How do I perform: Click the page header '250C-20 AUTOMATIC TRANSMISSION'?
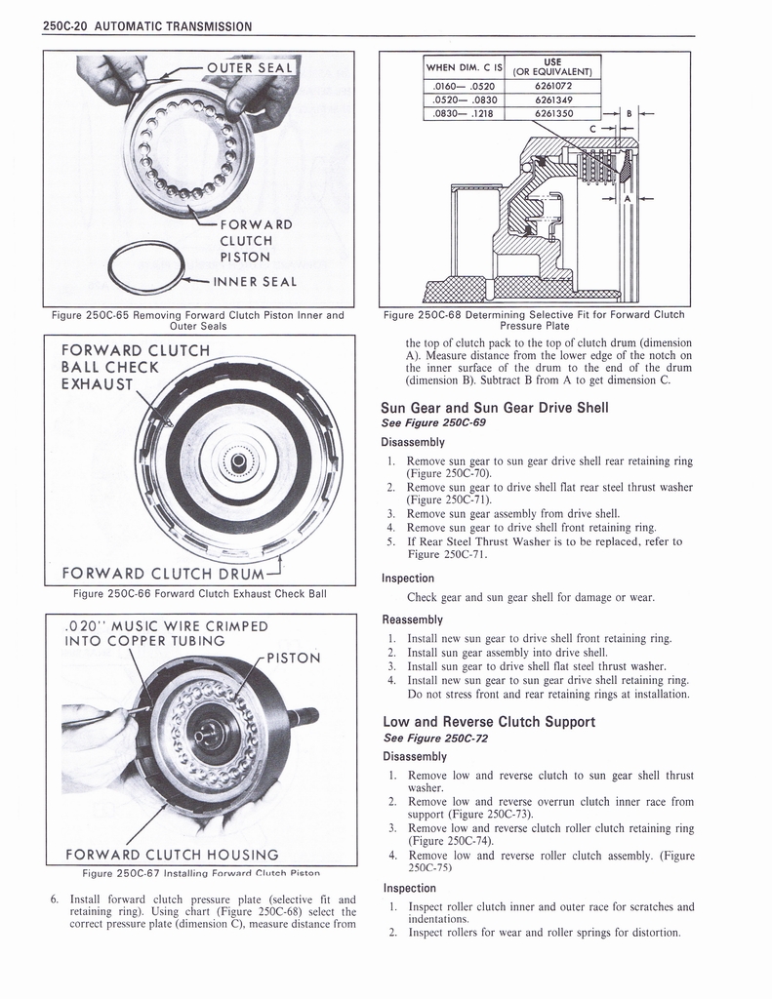click(x=147, y=26)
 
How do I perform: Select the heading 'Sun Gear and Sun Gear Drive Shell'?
click(x=495, y=408)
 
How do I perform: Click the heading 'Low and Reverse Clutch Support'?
click(x=488, y=722)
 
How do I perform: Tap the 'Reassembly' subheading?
click(x=412, y=619)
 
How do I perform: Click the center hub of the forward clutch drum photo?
click(x=237, y=458)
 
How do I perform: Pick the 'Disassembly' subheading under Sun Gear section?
click(x=414, y=441)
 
